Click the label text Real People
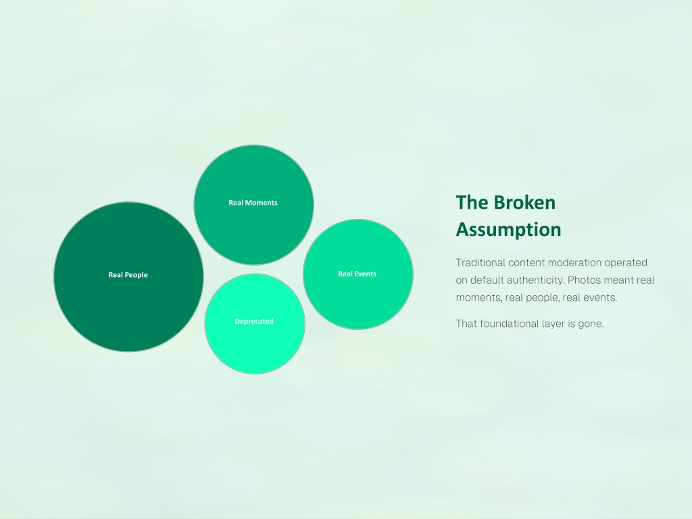click(x=128, y=275)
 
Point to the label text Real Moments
click(x=253, y=203)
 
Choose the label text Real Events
click(x=357, y=274)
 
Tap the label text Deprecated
click(x=254, y=321)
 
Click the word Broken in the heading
click(x=524, y=203)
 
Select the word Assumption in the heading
click(x=508, y=230)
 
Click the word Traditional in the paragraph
click(x=480, y=263)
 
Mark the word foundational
click(x=510, y=324)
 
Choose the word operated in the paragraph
click(x=626, y=263)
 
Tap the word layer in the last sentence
click(x=554, y=324)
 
